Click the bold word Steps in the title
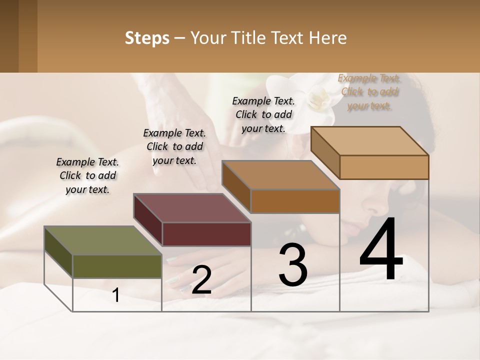click(x=147, y=38)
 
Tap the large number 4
click(x=381, y=250)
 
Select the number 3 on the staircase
click(x=292, y=265)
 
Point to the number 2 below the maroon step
click(x=201, y=280)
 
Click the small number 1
click(x=116, y=295)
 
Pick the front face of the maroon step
click(x=206, y=234)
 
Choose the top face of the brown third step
click(x=280, y=175)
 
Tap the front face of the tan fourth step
click(x=384, y=167)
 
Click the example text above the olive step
click(x=87, y=175)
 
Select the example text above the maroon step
click(x=174, y=146)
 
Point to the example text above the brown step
click(x=263, y=114)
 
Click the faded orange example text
click(x=368, y=92)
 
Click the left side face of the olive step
click(x=58, y=252)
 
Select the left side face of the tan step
click(x=325, y=152)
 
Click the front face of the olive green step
click(x=117, y=266)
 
